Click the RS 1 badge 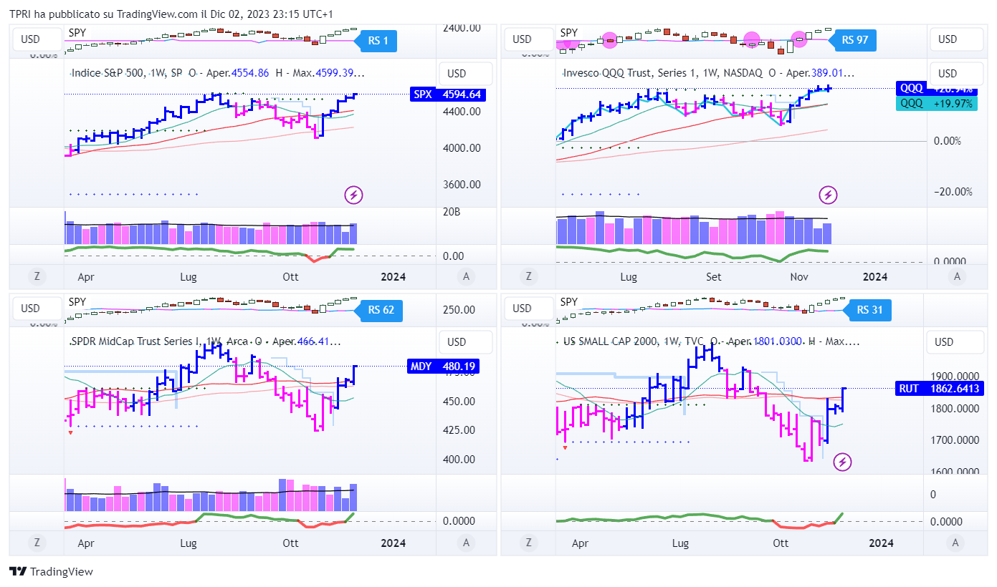tap(378, 41)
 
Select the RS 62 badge tap(381, 310)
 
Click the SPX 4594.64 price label tap(447, 94)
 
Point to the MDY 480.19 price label tap(442, 367)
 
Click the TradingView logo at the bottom tap(51, 571)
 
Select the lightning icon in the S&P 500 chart tap(353, 194)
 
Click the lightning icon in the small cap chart tap(843, 462)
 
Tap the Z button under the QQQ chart tap(528, 276)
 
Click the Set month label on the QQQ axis tap(713, 276)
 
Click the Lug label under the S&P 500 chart tap(189, 276)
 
